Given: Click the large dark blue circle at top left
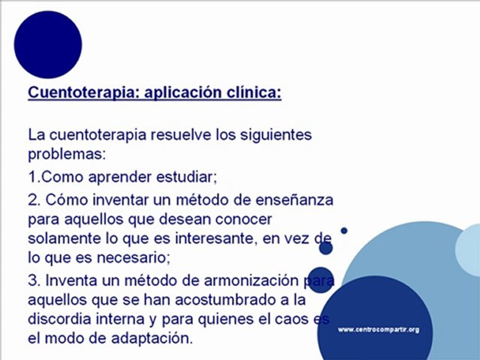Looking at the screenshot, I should pyautogui.click(x=48, y=44).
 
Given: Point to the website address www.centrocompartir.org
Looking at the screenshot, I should pyautogui.click(x=378, y=329).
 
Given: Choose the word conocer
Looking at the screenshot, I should pyautogui.click(x=242, y=218).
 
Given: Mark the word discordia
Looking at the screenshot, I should pyautogui.click(x=59, y=319).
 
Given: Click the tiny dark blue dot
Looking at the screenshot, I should pyautogui.click(x=344, y=230).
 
